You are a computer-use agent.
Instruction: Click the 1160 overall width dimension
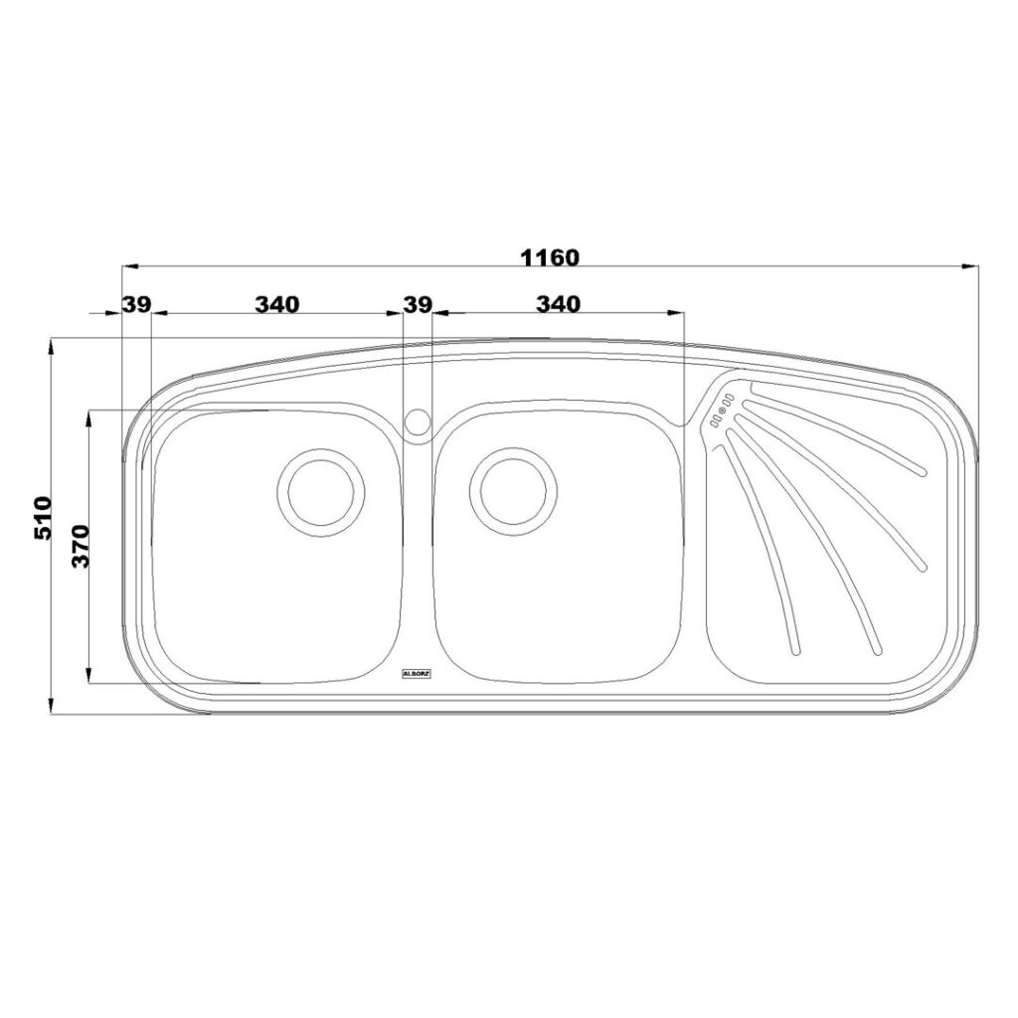pyautogui.click(x=549, y=257)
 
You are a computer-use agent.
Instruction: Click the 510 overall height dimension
pyautogui.click(x=42, y=518)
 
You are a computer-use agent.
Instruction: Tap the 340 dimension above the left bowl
pyautogui.click(x=277, y=304)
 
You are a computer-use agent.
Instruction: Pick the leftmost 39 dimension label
pyautogui.click(x=137, y=304)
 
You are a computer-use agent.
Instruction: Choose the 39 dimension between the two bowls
pyautogui.click(x=418, y=304)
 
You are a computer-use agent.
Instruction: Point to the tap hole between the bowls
pyautogui.click(x=418, y=421)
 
